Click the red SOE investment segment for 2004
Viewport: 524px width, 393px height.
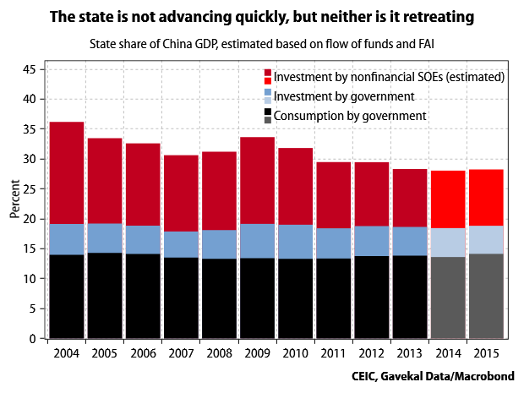coord(67,173)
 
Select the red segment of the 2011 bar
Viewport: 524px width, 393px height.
coord(334,195)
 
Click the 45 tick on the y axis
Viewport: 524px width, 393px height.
coord(30,69)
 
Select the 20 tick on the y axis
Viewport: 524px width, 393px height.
coord(30,219)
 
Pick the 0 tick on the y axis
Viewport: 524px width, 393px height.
coord(33,339)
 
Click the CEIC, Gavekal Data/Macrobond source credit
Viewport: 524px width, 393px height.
coord(435,374)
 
